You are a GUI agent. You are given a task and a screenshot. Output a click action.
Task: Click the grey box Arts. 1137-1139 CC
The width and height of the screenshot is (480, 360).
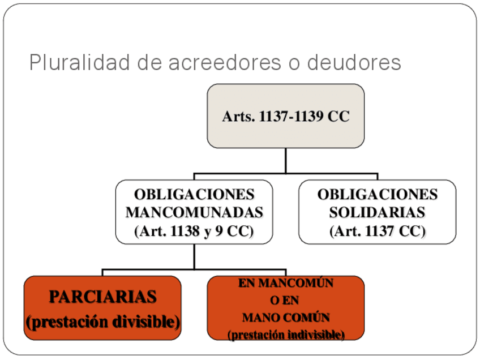click(285, 116)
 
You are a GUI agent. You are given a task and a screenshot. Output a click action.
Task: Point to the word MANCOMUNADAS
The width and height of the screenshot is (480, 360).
click(194, 213)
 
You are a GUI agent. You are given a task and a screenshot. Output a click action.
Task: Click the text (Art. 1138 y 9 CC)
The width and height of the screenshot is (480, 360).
click(194, 231)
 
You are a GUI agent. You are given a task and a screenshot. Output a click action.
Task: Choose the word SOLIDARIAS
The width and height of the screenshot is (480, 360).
click(377, 213)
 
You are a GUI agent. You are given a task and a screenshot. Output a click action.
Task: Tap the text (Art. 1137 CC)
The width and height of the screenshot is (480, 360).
click(377, 231)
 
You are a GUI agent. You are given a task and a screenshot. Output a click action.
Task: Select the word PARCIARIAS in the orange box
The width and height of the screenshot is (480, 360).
click(102, 297)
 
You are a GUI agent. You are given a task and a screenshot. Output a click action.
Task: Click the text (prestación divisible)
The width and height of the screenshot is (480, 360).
click(102, 322)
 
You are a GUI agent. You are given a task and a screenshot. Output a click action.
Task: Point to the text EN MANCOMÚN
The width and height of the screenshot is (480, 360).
click(286, 284)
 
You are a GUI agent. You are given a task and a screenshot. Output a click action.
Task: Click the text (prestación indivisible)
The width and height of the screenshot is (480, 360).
click(286, 335)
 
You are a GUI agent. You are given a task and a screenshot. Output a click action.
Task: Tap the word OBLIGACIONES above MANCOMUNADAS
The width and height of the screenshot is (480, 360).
click(194, 195)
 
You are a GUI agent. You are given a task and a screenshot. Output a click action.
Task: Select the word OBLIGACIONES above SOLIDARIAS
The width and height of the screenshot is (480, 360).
click(377, 195)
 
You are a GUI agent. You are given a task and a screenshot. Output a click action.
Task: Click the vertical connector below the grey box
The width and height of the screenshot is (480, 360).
click(285, 160)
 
